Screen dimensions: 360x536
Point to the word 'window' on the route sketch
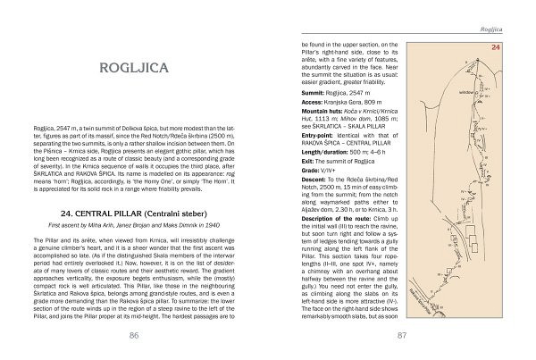coord(466,91)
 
